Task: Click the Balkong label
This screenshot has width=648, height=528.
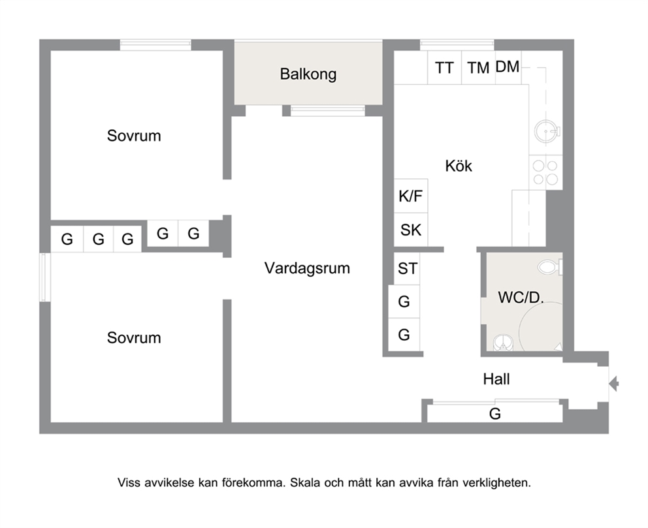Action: (x=308, y=74)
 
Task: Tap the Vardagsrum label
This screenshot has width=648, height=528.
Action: (x=307, y=268)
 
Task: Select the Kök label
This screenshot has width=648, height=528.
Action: (x=459, y=166)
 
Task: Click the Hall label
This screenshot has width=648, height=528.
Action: (x=496, y=379)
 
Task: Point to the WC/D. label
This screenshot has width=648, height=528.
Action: (x=521, y=297)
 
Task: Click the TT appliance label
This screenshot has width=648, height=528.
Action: (x=444, y=68)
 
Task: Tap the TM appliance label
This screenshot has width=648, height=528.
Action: (x=478, y=68)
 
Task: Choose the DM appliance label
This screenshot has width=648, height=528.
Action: (x=507, y=67)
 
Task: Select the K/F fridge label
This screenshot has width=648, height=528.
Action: (x=410, y=196)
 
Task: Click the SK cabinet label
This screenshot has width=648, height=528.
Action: (x=411, y=230)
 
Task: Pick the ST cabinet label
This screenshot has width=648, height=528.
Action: (x=408, y=269)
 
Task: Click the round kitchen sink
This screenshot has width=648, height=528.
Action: (x=546, y=132)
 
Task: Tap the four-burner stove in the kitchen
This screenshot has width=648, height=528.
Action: (x=545, y=172)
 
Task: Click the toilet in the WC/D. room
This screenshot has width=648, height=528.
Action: (x=550, y=267)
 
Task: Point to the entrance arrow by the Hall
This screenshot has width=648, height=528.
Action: (x=613, y=384)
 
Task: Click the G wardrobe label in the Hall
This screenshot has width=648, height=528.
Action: (x=494, y=414)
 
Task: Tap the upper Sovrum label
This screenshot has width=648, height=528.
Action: (x=134, y=136)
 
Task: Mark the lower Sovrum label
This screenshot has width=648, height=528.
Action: (x=134, y=338)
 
